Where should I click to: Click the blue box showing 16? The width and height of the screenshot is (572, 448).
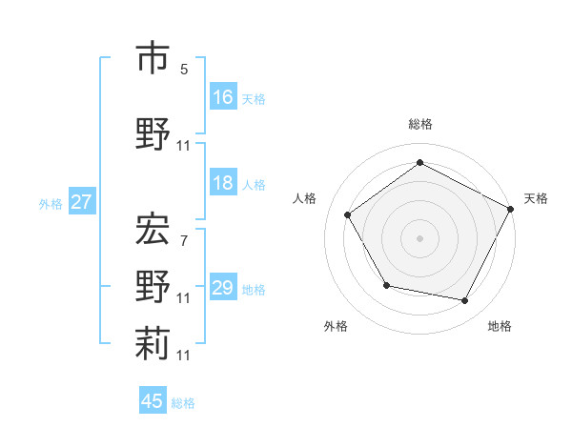[x=223, y=97]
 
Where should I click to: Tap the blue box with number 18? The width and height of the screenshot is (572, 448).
[x=223, y=183]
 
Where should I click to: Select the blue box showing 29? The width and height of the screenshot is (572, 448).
[x=223, y=288]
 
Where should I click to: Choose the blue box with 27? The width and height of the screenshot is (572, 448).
[x=81, y=202]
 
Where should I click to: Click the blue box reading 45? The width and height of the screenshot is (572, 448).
[x=153, y=401]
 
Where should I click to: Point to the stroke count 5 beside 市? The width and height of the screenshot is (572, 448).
[x=184, y=69]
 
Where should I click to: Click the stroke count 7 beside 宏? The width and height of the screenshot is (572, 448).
[x=184, y=240]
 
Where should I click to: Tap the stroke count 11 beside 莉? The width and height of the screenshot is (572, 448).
[x=184, y=355]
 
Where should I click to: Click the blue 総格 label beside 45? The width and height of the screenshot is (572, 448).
[x=183, y=403]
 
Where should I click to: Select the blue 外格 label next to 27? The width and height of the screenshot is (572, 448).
[x=50, y=203]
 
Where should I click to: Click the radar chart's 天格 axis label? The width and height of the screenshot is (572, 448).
[x=536, y=198]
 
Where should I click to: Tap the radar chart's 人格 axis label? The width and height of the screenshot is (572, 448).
[x=305, y=198]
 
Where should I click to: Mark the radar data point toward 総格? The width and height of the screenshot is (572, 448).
[x=419, y=163]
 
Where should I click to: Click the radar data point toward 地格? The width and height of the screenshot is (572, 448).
[x=465, y=301]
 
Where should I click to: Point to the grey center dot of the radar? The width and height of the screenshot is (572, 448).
[x=419, y=237]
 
